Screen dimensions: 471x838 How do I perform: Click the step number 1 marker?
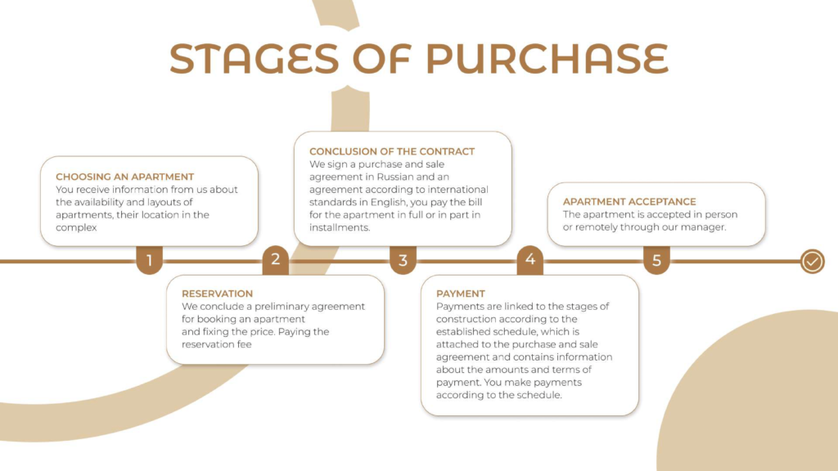(x=149, y=261)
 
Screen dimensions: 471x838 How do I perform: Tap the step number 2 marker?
(x=276, y=259)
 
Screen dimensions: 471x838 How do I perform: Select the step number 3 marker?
(x=403, y=261)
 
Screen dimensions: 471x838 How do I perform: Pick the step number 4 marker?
(x=530, y=259)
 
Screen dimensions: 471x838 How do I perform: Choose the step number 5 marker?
(x=656, y=261)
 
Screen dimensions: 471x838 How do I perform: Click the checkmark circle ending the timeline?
(x=812, y=262)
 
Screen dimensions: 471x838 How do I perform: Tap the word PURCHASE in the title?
(x=547, y=59)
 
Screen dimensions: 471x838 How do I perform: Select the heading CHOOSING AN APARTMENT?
(x=124, y=177)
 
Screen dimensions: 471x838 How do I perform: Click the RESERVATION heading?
(x=217, y=294)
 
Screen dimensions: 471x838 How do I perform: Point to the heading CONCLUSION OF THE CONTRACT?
(x=392, y=151)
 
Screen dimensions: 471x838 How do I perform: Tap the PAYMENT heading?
(x=461, y=294)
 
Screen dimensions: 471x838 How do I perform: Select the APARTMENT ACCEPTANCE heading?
(x=629, y=201)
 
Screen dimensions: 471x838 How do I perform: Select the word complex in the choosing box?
(x=76, y=227)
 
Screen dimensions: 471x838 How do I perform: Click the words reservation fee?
(x=216, y=344)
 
